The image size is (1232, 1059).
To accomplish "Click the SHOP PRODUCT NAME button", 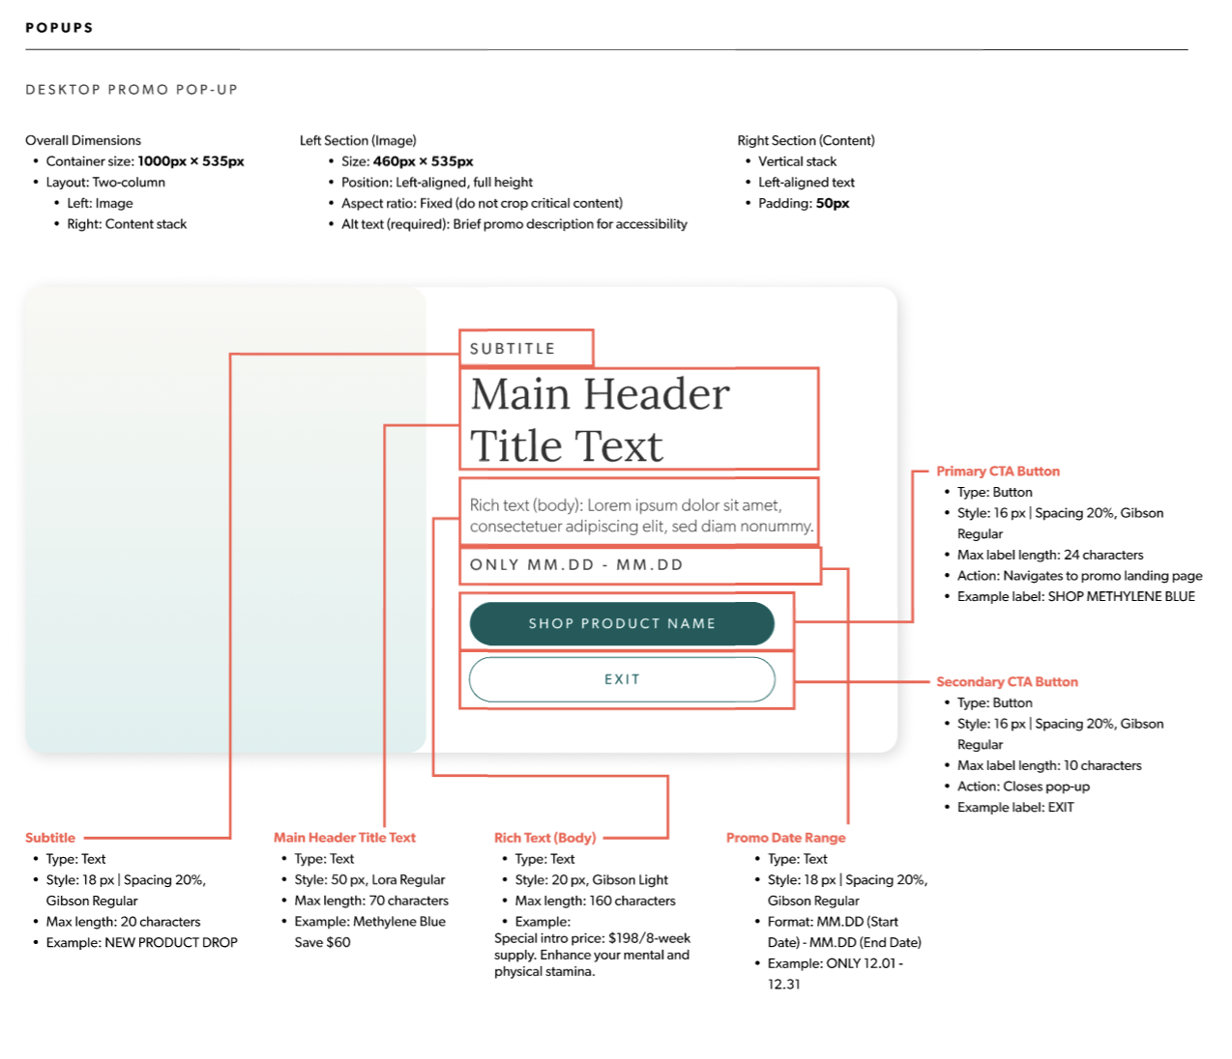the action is click(x=622, y=623).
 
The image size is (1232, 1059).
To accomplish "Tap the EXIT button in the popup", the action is click(x=622, y=679).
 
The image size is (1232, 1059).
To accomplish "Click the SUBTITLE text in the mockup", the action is click(x=513, y=349).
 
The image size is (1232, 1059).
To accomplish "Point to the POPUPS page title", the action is click(x=59, y=27).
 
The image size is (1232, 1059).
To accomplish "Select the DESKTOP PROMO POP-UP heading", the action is click(x=132, y=90).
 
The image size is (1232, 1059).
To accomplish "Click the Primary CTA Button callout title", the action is click(x=997, y=472).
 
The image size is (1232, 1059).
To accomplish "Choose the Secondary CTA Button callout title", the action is click(x=1007, y=682).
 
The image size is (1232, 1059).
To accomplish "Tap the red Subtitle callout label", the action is click(x=50, y=838).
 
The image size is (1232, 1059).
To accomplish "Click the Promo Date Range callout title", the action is click(x=785, y=838).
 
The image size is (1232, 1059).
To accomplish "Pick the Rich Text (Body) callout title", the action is click(x=544, y=838).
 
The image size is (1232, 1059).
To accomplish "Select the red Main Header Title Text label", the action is click(x=344, y=838).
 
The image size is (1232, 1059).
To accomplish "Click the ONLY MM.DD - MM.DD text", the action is click(x=576, y=565).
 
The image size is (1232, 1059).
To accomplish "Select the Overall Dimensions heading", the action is click(x=83, y=140).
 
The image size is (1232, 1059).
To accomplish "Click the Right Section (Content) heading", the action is click(x=806, y=140).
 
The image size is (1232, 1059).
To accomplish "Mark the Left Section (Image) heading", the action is click(x=358, y=140).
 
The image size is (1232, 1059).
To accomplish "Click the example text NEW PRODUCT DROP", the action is click(x=171, y=943).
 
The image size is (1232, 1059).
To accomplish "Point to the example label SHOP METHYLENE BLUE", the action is click(x=1121, y=597).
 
